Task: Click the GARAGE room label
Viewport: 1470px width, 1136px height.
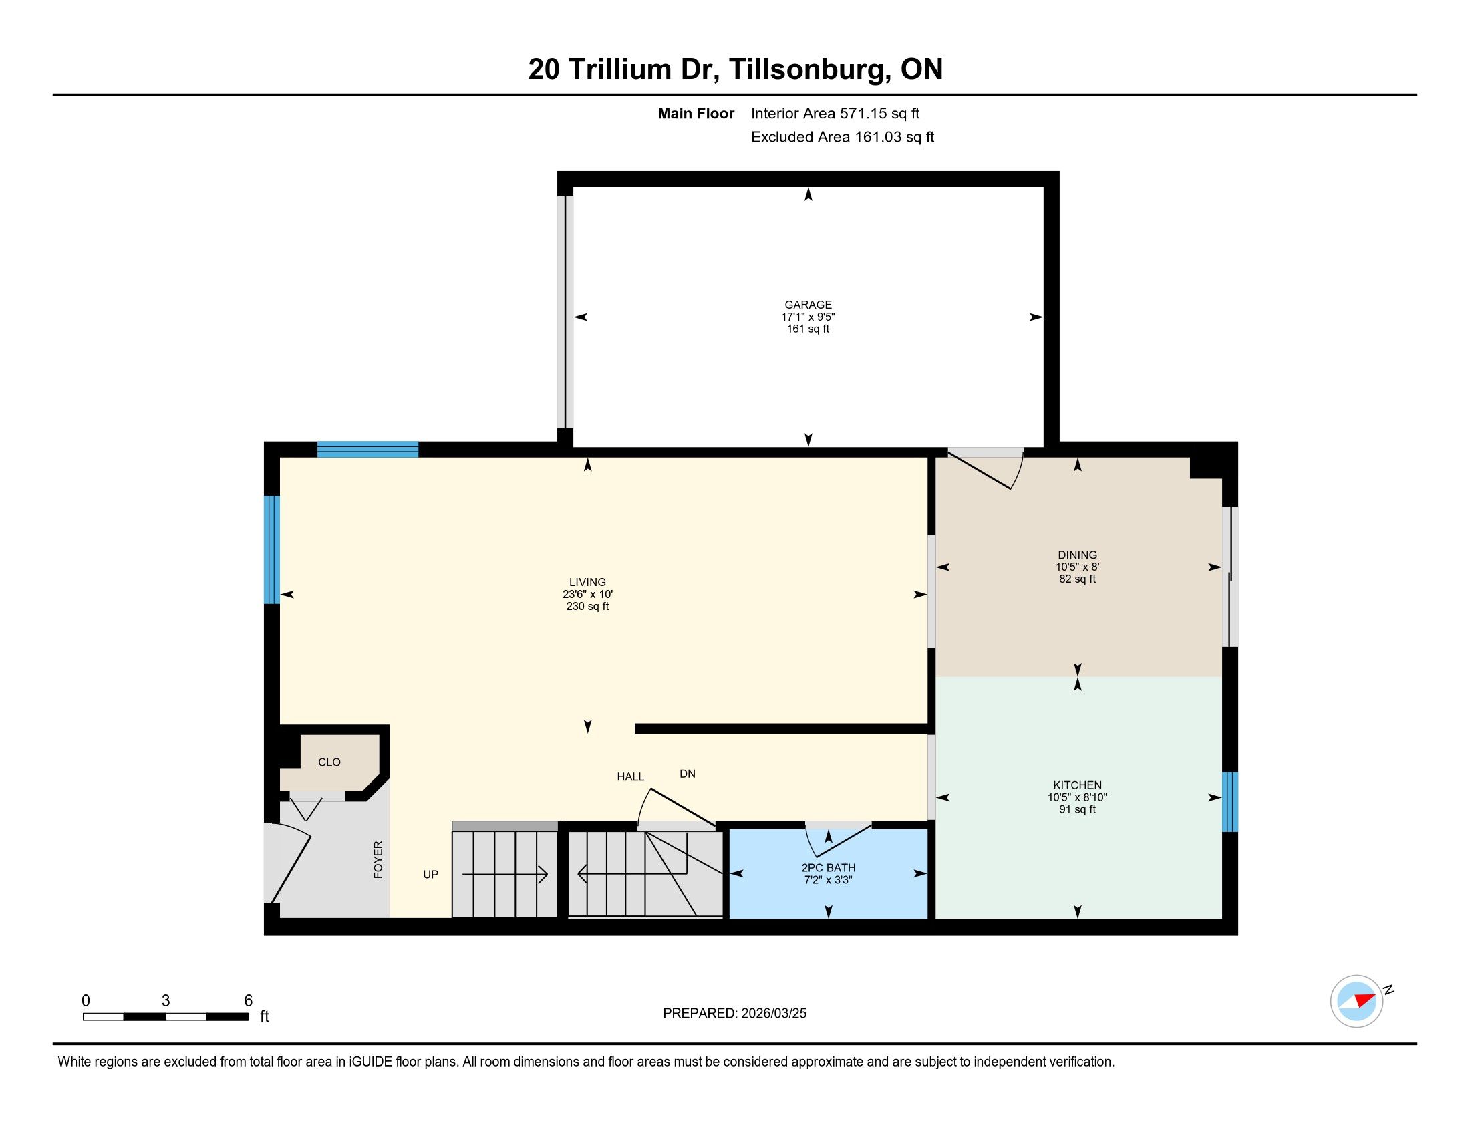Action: point(808,305)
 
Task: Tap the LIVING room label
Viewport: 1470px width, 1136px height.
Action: point(587,582)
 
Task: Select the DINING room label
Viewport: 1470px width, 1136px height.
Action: point(1077,555)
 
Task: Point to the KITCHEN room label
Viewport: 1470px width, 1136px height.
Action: point(1077,785)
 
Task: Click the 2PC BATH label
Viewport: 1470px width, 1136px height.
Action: point(829,868)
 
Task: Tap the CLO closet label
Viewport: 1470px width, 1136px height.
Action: point(329,762)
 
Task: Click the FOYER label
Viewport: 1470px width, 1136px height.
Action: point(378,859)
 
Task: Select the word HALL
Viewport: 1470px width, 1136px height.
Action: point(631,776)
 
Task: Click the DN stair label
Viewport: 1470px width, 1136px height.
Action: point(687,774)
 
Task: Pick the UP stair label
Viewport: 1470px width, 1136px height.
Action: point(431,874)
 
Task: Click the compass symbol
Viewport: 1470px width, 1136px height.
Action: point(1357,1001)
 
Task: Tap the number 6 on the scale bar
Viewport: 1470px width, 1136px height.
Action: point(248,1001)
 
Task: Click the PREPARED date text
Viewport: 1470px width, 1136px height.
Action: point(734,1014)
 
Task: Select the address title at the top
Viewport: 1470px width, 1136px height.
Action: point(735,69)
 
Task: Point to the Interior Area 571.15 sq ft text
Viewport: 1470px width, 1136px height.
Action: point(835,114)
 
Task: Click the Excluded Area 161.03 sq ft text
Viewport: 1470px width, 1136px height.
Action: point(843,137)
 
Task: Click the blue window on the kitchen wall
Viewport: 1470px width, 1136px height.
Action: point(1229,801)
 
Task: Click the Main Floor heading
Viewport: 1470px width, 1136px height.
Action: point(696,114)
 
